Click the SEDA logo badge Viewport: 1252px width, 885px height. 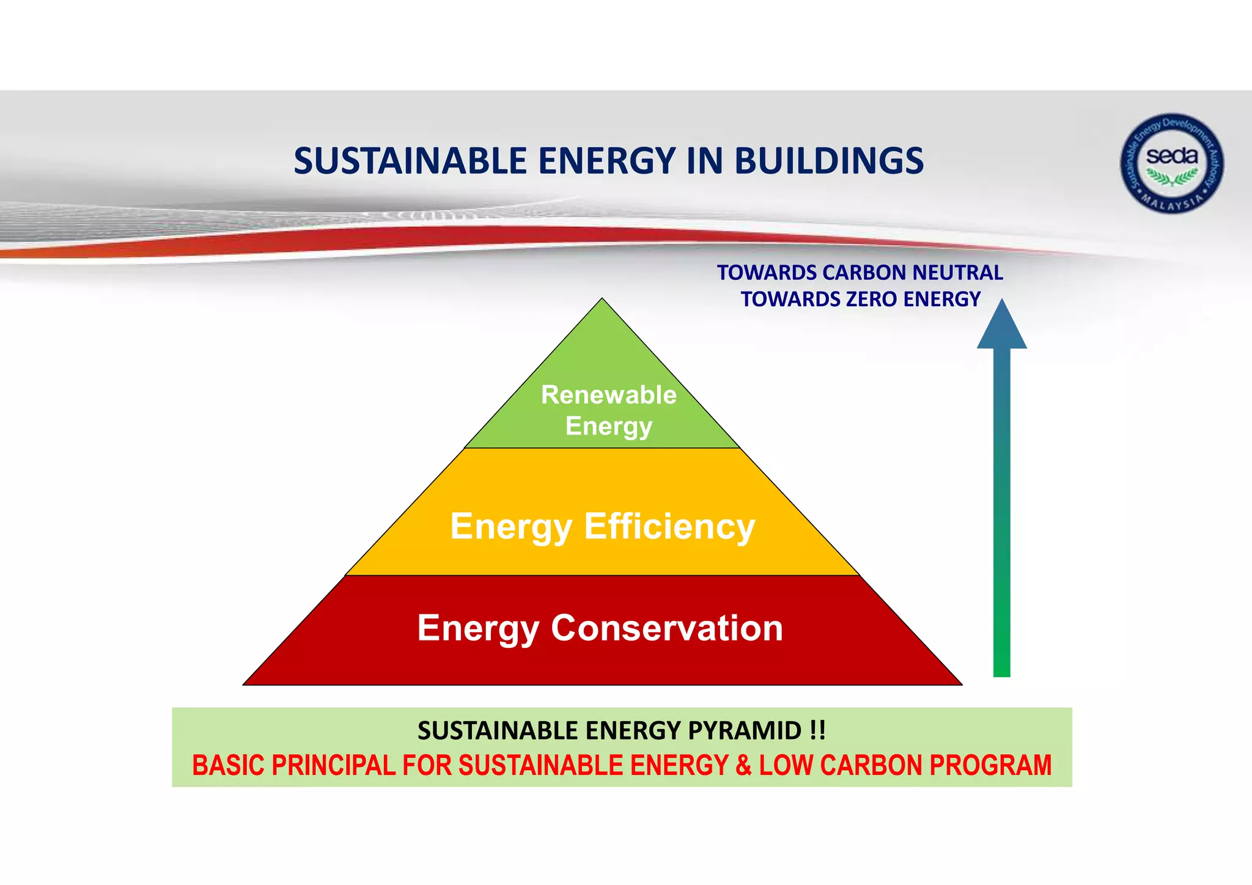(x=1171, y=163)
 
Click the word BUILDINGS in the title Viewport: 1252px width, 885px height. (x=828, y=161)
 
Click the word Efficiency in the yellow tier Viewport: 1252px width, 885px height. (x=669, y=526)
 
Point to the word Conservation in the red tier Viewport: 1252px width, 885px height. (x=666, y=628)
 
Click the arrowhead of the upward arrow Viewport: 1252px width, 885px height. (x=1001, y=327)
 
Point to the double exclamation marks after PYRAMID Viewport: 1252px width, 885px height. (x=817, y=730)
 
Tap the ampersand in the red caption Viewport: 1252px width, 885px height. (x=743, y=766)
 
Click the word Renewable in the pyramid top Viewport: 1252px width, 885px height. (x=608, y=395)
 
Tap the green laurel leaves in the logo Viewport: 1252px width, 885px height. (x=1171, y=177)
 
